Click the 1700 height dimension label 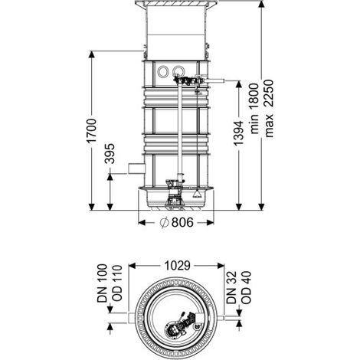pos(92,131)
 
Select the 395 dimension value pos(110,154)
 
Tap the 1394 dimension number pos(239,133)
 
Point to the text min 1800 pos(254,109)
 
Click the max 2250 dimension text pos(269,109)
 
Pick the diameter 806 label pos(177,222)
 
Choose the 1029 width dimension pos(177,266)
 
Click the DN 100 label pos(103,283)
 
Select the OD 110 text pos(116,283)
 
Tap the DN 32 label pos(231,287)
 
